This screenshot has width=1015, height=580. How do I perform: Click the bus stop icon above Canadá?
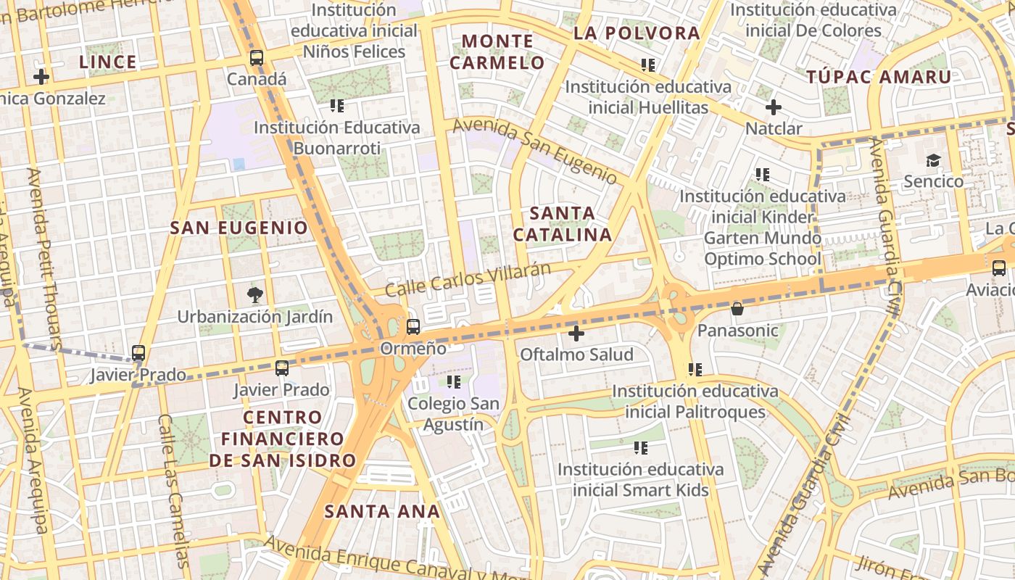pos(256,58)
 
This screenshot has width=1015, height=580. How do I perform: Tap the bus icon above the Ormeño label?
pos(413,327)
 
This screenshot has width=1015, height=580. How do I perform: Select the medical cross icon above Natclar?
pos(774,107)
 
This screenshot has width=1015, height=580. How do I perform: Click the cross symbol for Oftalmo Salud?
pos(576,333)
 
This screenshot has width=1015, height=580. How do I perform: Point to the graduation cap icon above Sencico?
pos(933,160)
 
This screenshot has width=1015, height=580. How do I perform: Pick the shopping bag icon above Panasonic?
pos(737,309)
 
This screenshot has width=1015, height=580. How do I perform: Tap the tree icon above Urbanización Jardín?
pos(254,294)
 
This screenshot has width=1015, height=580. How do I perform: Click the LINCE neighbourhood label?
pos(108,62)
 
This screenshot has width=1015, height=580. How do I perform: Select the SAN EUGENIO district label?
pos(239,228)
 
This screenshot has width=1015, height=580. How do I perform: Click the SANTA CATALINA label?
pos(563,224)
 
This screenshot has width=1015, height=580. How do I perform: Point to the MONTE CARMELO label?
pos(497,51)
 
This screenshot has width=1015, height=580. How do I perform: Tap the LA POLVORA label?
pos(637,33)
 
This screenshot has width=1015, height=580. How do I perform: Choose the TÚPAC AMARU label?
pos(879,78)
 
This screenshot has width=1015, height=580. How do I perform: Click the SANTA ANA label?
pos(382,511)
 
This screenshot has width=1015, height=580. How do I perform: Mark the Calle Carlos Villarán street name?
pos(468,279)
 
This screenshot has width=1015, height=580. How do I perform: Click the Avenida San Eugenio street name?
pos(535,151)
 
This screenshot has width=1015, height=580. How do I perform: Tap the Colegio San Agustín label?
pos(454,414)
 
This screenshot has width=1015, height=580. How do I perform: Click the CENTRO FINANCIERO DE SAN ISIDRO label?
pos(283,439)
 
